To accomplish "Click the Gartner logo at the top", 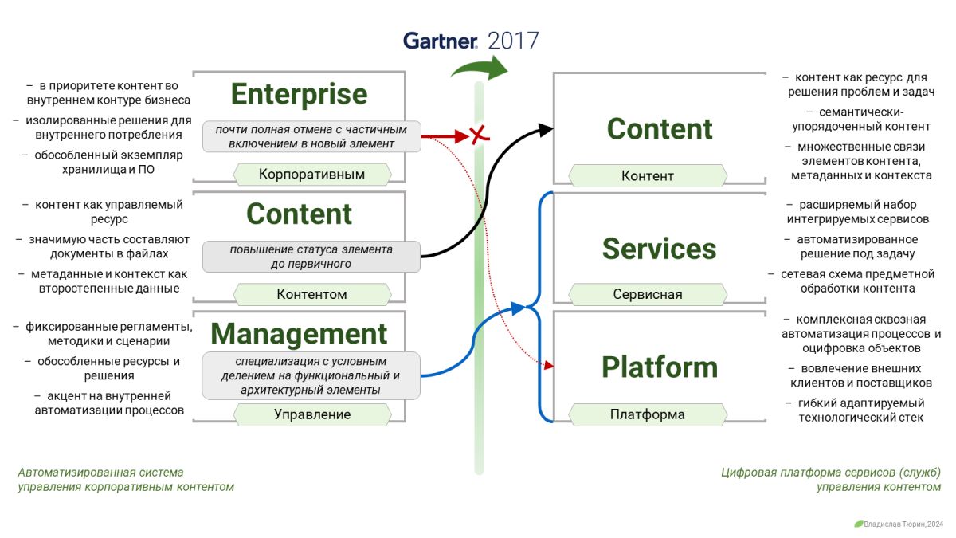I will pyautogui.click(x=440, y=41).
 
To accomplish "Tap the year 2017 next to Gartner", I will pyautogui.click(x=513, y=41).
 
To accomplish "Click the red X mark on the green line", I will pyautogui.click(x=478, y=136).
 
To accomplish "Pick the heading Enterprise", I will pyautogui.click(x=299, y=94).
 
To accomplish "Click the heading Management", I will pyautogui.click(x=299, y=333).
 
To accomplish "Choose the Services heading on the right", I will pyautogui.click(x=659, y=249).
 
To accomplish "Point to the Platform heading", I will pyautogui.click(x=659, y=367).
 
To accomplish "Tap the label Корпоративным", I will pyautogui.click(x=311, y=174).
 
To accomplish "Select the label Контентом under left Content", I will pyautogui.click(x=311, y=294).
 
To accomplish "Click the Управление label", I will pyautogui.click(x=311, y=414).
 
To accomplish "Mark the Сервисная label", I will pyautogui.click(x=647, y=294).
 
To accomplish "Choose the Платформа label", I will pyautogui.click(x=647, y=414).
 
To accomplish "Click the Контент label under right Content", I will pyautogui.click(x=647, y=175).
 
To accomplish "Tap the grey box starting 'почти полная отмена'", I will pyautogui.click(x=311, y=136).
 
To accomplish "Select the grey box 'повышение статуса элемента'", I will pyautogui.click(x=311, y=257).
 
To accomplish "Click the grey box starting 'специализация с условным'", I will pyautogui.click(x=311, y=375).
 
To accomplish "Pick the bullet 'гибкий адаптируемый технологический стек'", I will pyautogui.click(x=860, y=410).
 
